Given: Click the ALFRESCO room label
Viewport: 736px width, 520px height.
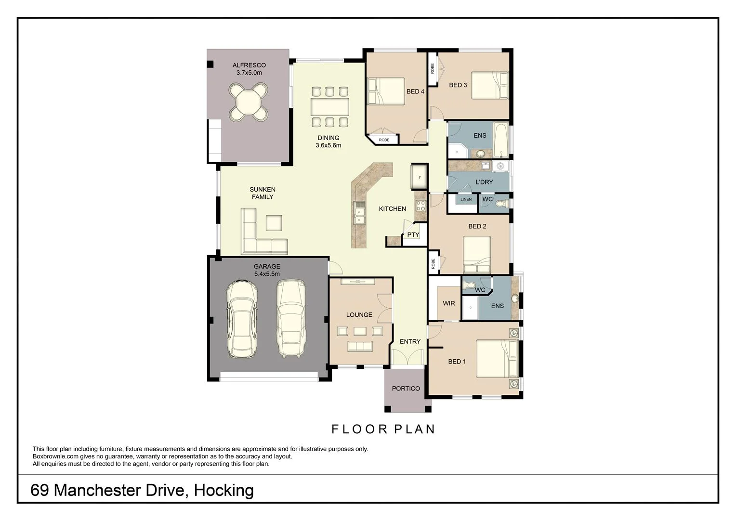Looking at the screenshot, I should pos(249,65).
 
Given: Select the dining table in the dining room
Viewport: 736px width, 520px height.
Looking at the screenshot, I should pos(329,104).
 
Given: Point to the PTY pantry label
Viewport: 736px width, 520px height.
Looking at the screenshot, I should pos(413,235).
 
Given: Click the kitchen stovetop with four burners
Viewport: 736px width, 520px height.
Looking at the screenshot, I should pos(421,206).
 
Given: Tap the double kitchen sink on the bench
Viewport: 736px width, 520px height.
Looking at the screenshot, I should pos(359,214).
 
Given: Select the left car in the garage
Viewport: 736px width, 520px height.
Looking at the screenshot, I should pos(241,318).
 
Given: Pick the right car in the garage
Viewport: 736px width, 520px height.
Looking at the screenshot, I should pos(291,318).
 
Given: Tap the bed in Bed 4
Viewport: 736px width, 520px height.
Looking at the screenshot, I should pos(386,91).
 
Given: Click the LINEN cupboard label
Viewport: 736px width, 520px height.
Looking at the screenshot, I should pos(466,199).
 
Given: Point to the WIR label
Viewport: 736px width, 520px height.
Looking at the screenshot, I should pos(448,303).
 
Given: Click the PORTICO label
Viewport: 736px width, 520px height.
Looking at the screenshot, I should pos(406,389).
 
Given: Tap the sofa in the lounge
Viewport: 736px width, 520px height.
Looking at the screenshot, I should pos(360,346).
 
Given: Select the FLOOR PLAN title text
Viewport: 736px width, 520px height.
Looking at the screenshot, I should pos(383,429).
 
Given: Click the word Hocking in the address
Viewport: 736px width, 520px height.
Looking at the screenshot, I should pos(223,490).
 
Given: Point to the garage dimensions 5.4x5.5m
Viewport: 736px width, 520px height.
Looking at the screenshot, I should pos(267,274).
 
